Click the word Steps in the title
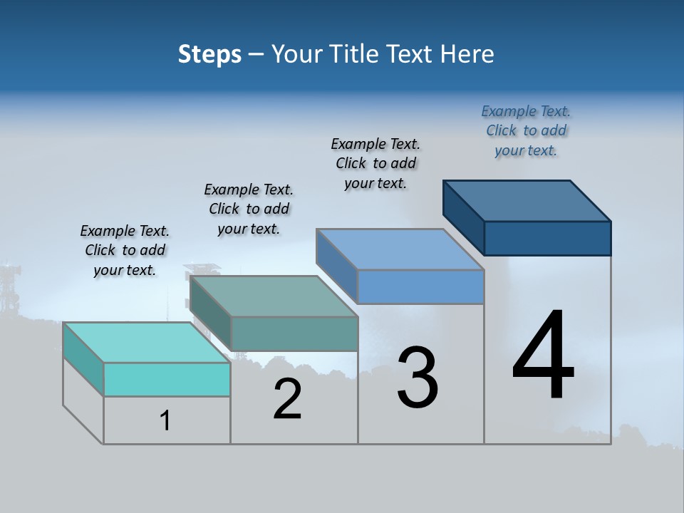(209, 54)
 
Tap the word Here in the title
(467, 54)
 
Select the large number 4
(543, 356)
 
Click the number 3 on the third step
(418, 378)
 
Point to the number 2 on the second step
(287, 399)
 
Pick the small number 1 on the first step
(165, 421)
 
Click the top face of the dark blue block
(527, 201)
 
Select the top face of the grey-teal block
(274, 296)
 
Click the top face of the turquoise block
(146, 343)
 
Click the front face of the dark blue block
(547, 238)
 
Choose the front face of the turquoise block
(167, 379)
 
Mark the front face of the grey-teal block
(294, 333)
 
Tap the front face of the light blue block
(420, 286)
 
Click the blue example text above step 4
(526, 130)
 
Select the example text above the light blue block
(375, 163)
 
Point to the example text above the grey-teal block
(249, 209)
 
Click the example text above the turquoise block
(125, 250)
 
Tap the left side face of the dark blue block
(463, 217)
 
